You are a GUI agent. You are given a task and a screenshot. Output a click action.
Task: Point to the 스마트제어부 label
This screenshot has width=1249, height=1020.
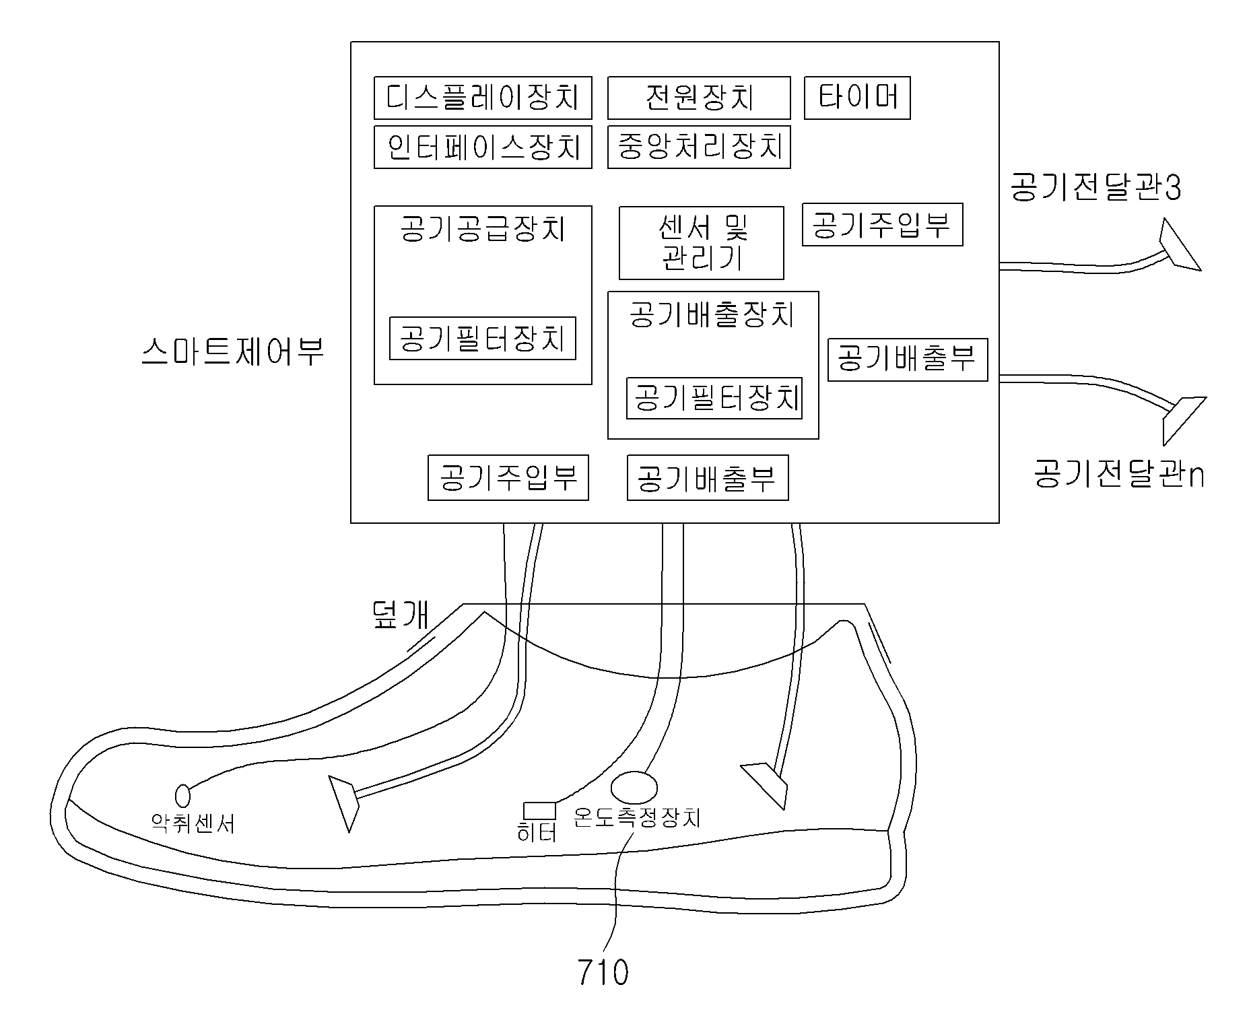point(233,351)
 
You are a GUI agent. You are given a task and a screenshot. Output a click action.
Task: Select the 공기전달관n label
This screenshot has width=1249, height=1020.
point(1119,474)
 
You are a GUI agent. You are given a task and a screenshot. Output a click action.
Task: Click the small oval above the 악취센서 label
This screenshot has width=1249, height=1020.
point(182,796)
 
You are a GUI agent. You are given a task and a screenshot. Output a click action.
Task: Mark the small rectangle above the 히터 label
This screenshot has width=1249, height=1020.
point(540,811)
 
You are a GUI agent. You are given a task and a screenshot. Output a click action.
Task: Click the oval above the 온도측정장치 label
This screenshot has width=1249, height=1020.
point(634,788)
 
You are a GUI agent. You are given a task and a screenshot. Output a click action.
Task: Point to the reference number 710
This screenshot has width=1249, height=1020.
point(603,973)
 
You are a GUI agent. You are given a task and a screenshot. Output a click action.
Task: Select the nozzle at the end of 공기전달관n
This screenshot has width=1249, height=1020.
point(1183,419)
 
